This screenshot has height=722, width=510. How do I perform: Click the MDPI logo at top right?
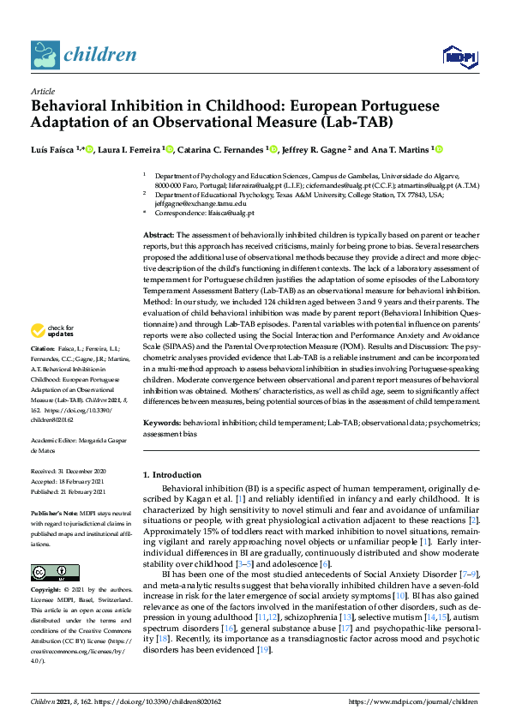459,57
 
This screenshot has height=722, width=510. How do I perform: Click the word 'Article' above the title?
42,91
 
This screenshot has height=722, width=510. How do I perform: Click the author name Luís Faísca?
55,149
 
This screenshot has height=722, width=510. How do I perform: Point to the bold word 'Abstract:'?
159,235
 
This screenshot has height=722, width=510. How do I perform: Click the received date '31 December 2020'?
84,472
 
